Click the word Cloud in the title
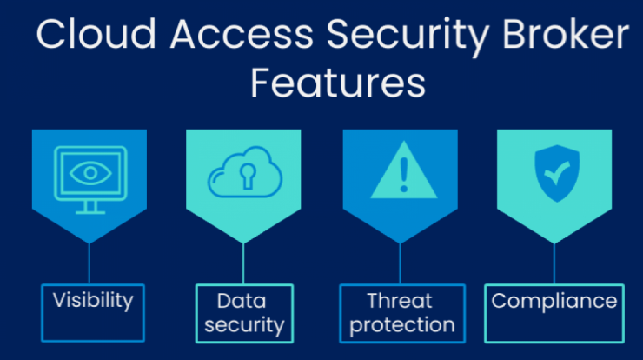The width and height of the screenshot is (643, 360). click(x=96, y=34)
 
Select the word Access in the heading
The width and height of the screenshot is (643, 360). click(x=242, y=35)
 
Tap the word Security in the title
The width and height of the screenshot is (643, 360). click(x=408, y=37)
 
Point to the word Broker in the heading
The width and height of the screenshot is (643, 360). click(x=566, y=34)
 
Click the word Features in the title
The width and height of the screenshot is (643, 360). click(x=338, y=83)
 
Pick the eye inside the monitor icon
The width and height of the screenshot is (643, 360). click(x=90, y=173)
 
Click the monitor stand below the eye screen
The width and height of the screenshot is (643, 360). click(x=90, y=207)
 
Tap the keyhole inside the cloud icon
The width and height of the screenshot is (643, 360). click(x=247, y=176)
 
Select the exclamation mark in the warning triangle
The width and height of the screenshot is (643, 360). click(x=404, y=175)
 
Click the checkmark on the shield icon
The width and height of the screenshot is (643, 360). click(x=556, y=172)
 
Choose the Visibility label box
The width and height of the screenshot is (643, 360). click(x=93, y=313)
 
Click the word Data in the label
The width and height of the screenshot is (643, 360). click(x=242, y=301)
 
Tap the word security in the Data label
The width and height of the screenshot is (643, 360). click(x=244, y=325)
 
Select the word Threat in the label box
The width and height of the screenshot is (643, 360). click(x=400, y=301)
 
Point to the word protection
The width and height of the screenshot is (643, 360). click(x=402, y=325)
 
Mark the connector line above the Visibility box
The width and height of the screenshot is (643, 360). click(x=89, y=263)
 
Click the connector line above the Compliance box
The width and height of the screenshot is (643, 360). click(x=554, y=263)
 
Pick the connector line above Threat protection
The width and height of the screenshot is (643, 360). click(x=401, y=263)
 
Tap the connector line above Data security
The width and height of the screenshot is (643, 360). click(x=243, y=263)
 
